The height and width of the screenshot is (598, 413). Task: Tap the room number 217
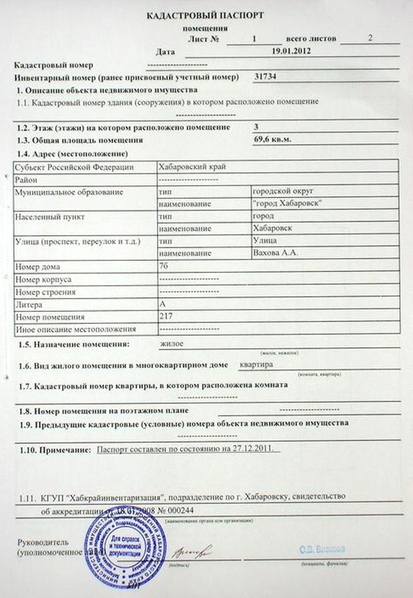165,316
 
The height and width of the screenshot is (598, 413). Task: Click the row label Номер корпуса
41,279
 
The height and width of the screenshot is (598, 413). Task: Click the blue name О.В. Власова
323,549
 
